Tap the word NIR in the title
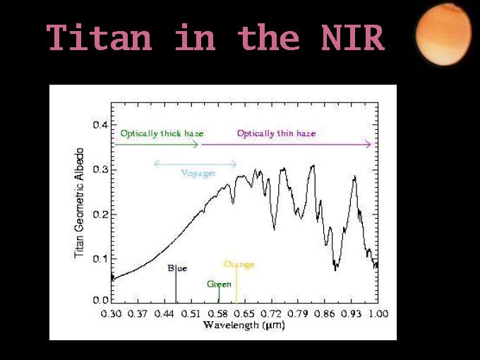(x=353, y=37)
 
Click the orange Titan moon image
(x=443, y=35)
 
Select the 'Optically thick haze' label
(x=162, y=134)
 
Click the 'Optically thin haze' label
(x=276, y=134)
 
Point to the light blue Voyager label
(x=198, y=173)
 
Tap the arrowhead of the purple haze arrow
(x=368, y=145)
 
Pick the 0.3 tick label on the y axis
(x=101, y=169)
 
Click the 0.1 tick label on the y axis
(x=101, y=259)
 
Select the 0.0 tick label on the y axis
(x=101, y=300)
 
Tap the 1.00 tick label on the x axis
(x=378, y=314)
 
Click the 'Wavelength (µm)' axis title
(x=244, y=325)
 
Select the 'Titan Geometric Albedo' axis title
(x=79, y=203)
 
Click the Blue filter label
(x=178, y=268)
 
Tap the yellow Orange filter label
(x=239, y=265)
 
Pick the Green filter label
(x=220, y=284)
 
